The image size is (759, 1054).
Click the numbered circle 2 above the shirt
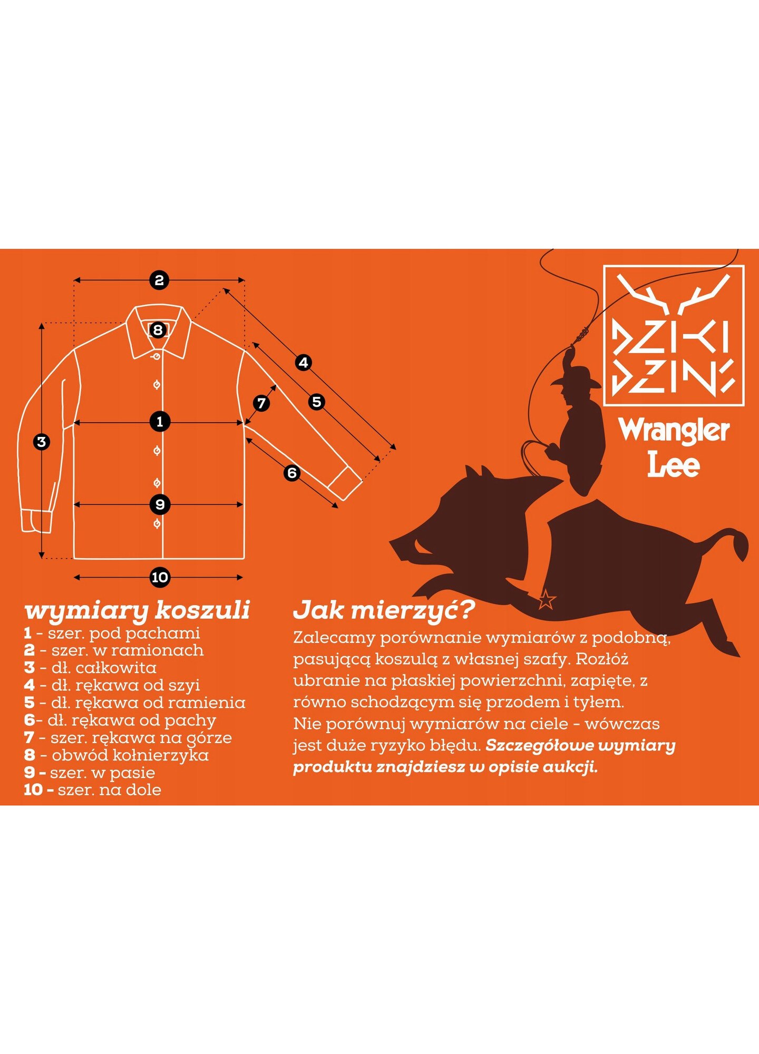tap(159, 280)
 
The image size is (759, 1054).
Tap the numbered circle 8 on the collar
tap(158, 330)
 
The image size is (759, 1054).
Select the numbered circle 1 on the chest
tap(160, 422)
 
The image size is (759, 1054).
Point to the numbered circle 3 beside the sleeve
tap(42, 442)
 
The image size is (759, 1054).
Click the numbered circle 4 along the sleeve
tap(303, 363)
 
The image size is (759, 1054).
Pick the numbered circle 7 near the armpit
tap(261, 404)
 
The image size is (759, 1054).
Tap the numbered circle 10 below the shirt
tap(160, 578)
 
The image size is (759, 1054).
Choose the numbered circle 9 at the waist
tap(160, 504)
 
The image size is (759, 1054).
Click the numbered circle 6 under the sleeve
tap(292, 473)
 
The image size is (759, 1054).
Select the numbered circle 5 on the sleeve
tap(316, 402)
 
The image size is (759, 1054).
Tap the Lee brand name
tap(674, 464)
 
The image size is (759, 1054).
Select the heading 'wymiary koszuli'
tap(137, 611)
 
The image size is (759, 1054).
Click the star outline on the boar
tap(547, 599)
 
